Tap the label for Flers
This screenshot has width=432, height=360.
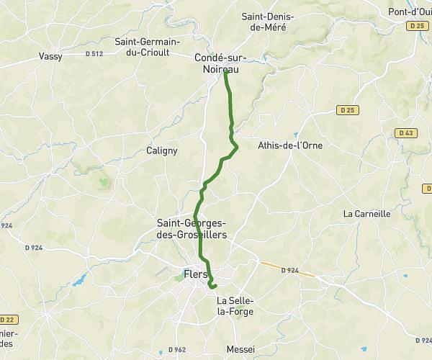pos(196,274)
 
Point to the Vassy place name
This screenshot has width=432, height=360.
pos(51,55)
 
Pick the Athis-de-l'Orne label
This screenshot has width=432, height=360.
pos(289,145)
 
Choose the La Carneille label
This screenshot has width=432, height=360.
pos(366,213)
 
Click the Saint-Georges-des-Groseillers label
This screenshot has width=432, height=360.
pos(192,229)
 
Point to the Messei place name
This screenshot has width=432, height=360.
pos(240,348)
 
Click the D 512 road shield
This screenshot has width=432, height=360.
pos(94,53)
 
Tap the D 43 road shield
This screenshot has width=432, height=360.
pos(405,132)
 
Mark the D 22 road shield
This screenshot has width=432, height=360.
pos(8,319)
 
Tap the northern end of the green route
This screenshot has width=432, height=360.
pos(226,71)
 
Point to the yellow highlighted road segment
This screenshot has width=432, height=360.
pos(287,269)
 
